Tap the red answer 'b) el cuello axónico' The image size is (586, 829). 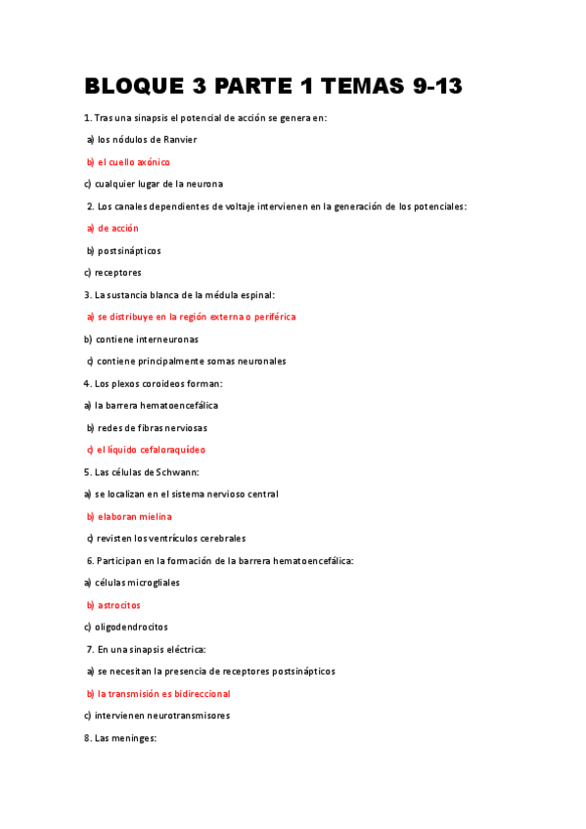coord(127,162)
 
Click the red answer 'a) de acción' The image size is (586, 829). coord(113,228)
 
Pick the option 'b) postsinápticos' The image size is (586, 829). coord(123,250)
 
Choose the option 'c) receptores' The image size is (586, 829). coord(113,273)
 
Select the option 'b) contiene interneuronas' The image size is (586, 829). coord(141,339)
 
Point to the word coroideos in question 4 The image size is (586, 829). coord(176,383)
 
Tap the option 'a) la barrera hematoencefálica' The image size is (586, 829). coord(151,405)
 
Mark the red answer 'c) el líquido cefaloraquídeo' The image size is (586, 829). coord(146,450)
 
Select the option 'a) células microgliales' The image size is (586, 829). coord(132,583)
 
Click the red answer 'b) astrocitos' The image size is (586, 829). coord(113,605)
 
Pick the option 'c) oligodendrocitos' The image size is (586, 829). coord(125,627)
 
